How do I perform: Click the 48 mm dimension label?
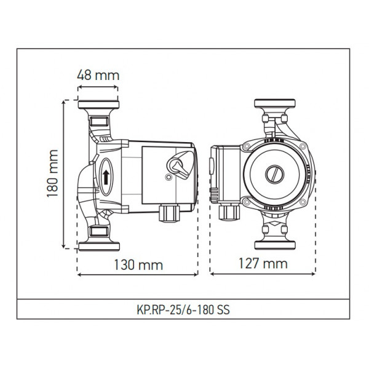(x=98, y=76)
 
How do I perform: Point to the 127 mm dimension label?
(x=263, y=264)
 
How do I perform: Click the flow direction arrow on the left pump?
(x=106, y=177)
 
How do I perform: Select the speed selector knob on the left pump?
(x=178, y=165)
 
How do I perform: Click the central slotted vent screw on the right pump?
(x=274, y=174)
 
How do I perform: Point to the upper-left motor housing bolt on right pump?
(x=245, y=147)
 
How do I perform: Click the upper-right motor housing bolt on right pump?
(x=302, y=147)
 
